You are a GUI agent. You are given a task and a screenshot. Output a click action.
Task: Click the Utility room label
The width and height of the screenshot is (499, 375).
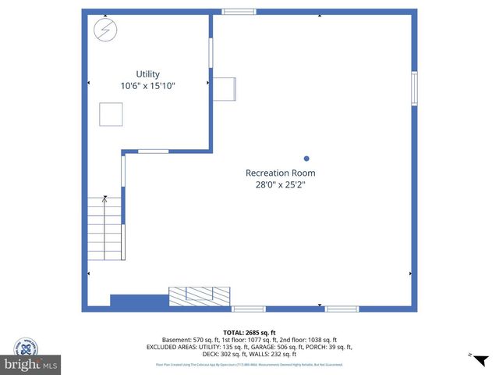147,74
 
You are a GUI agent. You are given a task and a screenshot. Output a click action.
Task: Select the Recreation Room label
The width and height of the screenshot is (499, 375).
280,173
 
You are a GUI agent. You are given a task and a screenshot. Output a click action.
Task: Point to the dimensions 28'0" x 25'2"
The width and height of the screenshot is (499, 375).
280,185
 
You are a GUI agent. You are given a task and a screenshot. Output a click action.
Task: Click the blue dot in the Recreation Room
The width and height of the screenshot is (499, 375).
306,157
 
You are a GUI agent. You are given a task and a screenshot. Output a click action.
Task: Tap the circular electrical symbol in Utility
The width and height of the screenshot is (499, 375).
104,30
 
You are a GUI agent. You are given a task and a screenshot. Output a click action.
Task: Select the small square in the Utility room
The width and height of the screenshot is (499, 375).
110,115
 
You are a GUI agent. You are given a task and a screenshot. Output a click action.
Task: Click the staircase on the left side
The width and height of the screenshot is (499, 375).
104,228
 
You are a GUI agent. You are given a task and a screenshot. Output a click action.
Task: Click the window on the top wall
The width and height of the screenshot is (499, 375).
239,12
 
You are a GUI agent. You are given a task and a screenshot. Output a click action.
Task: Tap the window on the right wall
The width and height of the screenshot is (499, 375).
414,88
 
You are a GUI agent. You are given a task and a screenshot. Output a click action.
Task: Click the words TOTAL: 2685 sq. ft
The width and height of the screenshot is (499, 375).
249,332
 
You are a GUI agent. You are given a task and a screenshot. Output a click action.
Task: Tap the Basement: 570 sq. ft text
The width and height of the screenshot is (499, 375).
190,340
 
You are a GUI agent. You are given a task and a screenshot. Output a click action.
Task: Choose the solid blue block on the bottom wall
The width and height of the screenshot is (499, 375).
140,301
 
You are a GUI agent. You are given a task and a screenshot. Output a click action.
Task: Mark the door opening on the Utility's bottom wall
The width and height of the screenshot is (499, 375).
153,151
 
